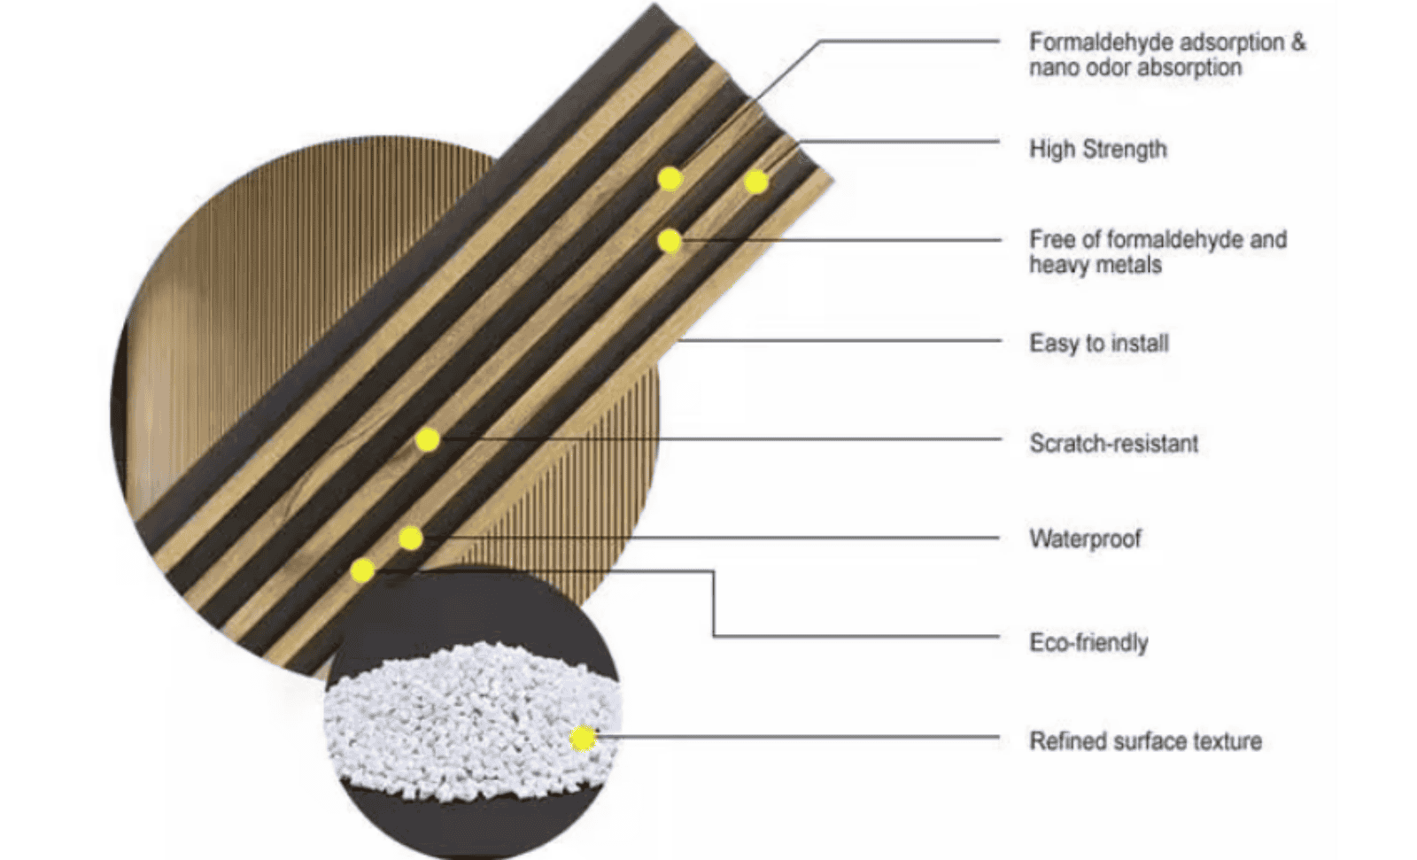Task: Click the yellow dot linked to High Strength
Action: (755, 182)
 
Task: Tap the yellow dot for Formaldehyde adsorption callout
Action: (670, 179)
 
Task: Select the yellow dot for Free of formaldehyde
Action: (670, 240)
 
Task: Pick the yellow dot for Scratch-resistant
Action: (428, 439)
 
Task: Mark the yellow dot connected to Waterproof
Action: (410, 538)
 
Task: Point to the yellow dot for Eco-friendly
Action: (362, 570)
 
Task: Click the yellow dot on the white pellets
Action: (582, 737)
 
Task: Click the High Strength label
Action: (1097, 149)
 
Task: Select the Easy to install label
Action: (1098, 343)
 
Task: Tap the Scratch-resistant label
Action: (1113, 443)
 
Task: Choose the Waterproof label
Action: (1085, 538)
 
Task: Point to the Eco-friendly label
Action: (1088, 642)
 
